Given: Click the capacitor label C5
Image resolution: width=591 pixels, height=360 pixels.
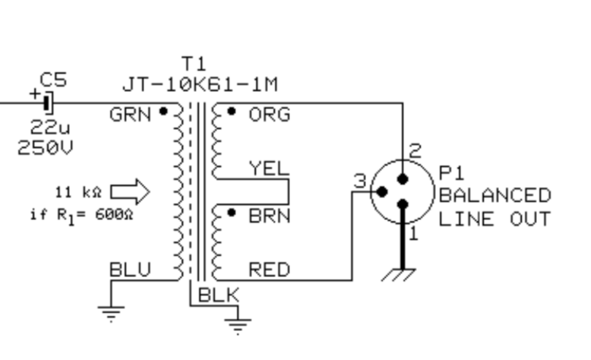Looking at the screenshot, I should (x=53, y=79).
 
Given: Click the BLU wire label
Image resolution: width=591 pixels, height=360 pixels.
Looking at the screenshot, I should (x=130, y=270).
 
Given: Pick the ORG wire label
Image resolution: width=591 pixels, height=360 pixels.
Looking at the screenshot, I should (x=269, y=115).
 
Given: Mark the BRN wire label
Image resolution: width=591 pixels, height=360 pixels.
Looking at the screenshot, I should (x=269, y=216).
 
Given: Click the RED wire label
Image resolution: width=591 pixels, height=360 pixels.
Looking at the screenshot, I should (x=269, y=270).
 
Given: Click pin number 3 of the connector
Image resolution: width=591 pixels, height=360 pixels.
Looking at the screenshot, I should (x=360, y=182).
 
